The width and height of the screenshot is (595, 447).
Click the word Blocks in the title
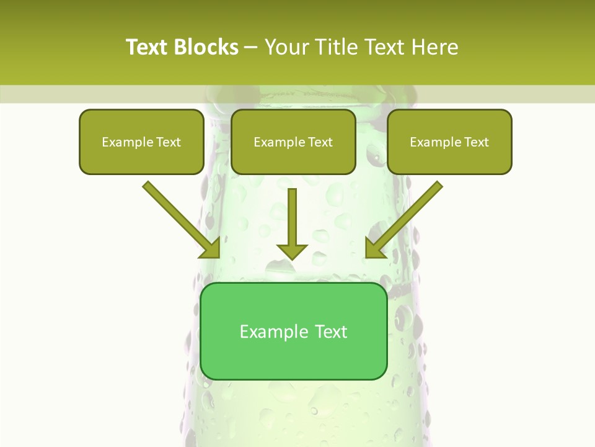pyautogui.click(x=207, y=47)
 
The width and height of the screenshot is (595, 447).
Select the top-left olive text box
pyautogui.click(x=141, y=142)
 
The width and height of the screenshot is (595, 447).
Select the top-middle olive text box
pyautogui.click(x=293, y=142)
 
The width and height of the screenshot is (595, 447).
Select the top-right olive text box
pyautogui.click(x=449, y=142)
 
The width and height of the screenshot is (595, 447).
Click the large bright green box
pyautogui.click(x=293, y=331)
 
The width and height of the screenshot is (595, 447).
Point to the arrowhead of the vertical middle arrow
pyautogui.click(x=292, y=251)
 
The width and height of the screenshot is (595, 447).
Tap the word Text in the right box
pyautogui.click(x=476, y=142)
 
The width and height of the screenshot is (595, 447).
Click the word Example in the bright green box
pyautogui.click(x=274, y=332)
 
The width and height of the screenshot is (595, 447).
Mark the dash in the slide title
pyautogui.click(x=251, y=48)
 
